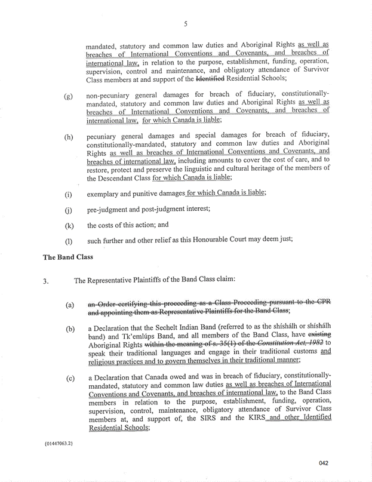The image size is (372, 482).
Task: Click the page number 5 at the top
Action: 186,24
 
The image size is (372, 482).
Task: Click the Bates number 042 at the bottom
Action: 324,463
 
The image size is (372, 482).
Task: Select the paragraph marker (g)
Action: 69,96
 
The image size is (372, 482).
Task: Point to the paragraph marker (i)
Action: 68,194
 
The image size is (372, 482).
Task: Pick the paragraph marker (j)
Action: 68,210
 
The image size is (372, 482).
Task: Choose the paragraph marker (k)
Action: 69,226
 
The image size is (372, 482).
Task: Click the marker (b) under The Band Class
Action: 70,329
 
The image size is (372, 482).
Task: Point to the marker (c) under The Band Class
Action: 70,379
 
